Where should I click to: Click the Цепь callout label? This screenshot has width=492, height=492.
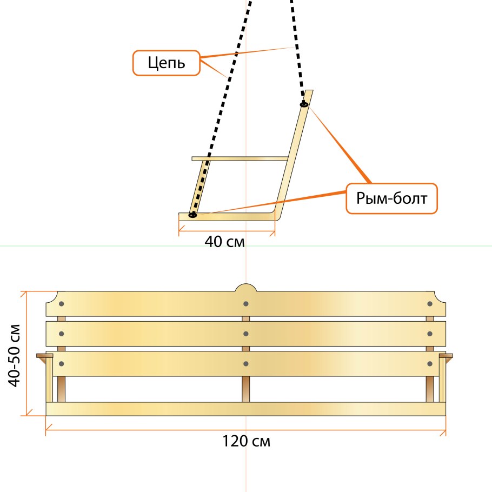pyautogui.click(x=167, y=63)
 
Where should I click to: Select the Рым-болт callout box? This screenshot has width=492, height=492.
pyautogui.click(x=391, y=198)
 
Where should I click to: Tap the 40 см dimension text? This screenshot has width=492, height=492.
pyautogui.click(x=225, y=242)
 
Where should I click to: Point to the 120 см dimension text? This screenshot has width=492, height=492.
pyautogui.click(x=247, y=441)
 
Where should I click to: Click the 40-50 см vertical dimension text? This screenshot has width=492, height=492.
pyautogui.click(x=15, y=356)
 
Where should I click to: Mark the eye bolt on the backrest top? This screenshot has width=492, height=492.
pyautogui.click(x=304, y=104)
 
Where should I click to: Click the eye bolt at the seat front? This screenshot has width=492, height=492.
pyautogui.click(x=192, y=215)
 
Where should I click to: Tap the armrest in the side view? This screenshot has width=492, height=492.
pyautogui.click(x=240, y=159)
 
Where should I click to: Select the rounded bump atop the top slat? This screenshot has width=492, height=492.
pyautogui.click(x=246, y=288)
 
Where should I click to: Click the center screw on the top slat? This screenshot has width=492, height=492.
pyautogui.click(x=246, y=304)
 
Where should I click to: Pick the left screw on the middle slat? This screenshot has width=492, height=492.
pyautogui.click(x=62, y=334)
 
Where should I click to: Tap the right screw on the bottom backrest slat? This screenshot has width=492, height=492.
pyautogui.click(x=430, y=364)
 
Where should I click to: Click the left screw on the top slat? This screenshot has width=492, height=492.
pyautogui.click(x=62, y=304)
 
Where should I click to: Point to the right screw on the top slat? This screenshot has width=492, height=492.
pyautogui.click(x=430, y=304)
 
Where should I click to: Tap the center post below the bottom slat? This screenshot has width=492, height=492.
pyautogui.click(x=246, y=389)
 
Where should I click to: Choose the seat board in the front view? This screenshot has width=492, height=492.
pyautogui.click(x=246, y=409)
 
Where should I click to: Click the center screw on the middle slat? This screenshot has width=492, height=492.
pyautogui.click(x=246, y=334)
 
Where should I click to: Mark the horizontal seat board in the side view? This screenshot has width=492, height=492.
pyautogui.click(x=227, y=217)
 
